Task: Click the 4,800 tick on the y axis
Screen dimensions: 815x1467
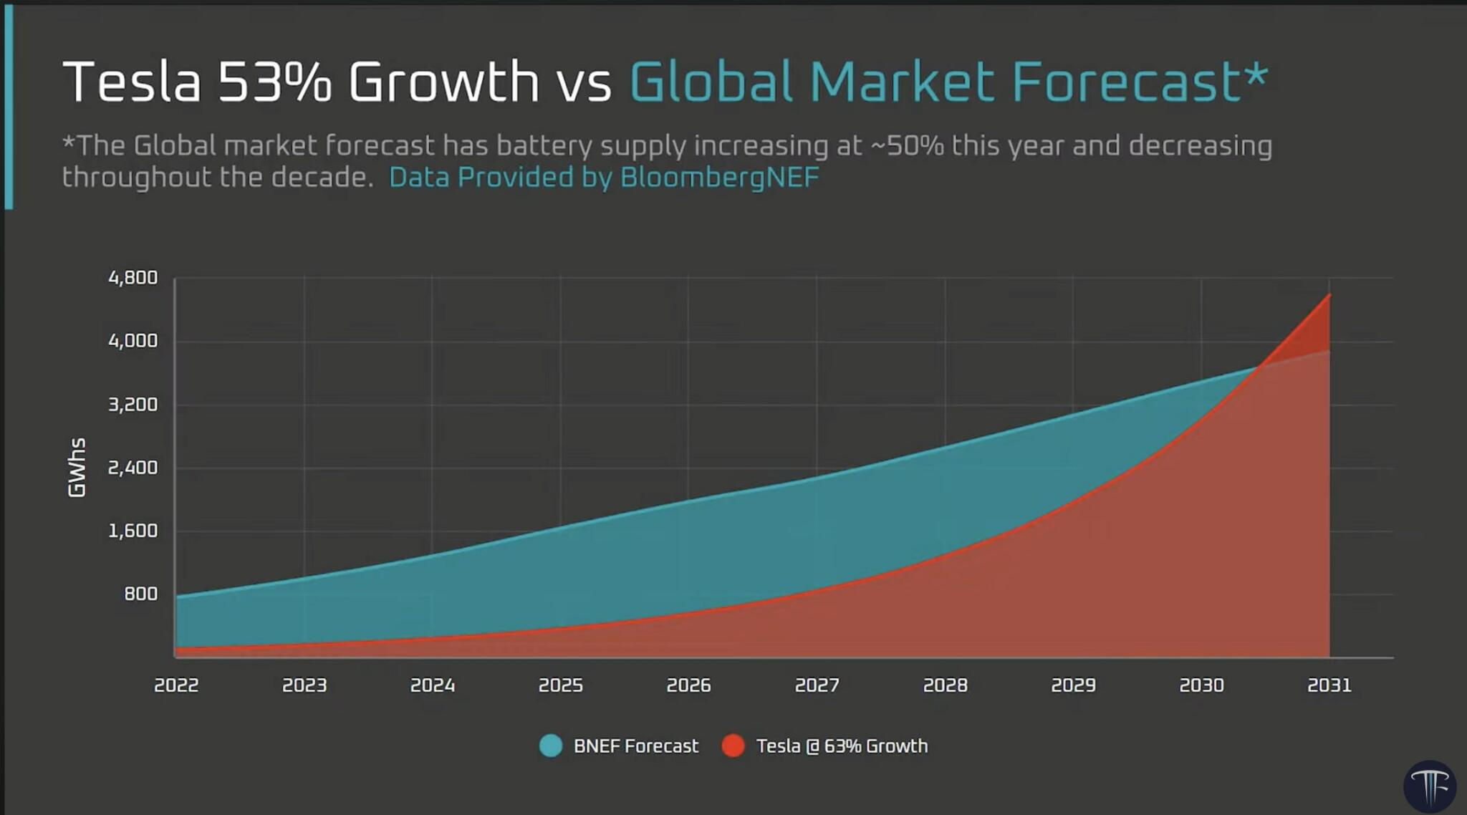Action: click(x=133, y=278)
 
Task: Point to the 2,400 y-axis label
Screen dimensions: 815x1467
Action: click(x=133, y=468)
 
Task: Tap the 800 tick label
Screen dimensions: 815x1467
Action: click(x=140, y=594)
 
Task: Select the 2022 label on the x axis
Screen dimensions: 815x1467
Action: click(x=176, y=685)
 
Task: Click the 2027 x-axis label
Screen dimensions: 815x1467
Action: click(x=817, y=685)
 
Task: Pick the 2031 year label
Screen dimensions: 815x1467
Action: click(x=1329, y=685)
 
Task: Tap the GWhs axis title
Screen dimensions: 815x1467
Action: click(x=77, y=468)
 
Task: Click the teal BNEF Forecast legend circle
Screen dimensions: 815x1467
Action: click(x=550, y=746)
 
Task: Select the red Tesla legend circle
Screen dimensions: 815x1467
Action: click(x=733, y=746)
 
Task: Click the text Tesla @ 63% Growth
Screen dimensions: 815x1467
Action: click(x=842, y=746)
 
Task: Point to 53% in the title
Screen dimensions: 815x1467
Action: click(x=274, y=82)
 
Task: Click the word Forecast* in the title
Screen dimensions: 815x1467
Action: click(x=1139, y=82)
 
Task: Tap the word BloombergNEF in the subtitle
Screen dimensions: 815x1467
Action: click(x=719, y=178)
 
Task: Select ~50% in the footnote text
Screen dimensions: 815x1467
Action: click(x=907, y=145)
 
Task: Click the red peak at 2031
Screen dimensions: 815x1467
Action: click(x=1329, y=295)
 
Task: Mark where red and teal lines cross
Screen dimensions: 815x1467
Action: click(x=1258, y=367)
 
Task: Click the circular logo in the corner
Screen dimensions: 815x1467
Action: click(x=1430, y=786)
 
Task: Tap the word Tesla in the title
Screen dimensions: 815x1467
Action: click(x=132, y=82)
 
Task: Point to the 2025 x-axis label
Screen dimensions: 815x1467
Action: click(x=560, y=685)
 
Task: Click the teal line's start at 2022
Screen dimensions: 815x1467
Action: click(x=177, y=596)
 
